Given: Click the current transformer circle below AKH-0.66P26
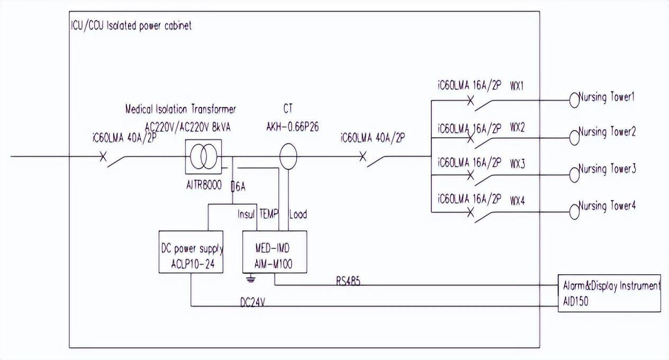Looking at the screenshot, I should pos(288,157).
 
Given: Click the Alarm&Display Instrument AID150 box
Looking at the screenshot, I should pos(610,292).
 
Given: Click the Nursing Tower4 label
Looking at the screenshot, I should pos(607,206).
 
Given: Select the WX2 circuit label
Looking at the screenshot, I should pos(517,129).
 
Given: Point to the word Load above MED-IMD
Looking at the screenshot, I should pos(298,215).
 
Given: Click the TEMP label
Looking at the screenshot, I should pos(269,215).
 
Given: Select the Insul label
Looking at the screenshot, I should pos(246,215).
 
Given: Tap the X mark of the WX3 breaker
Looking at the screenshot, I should pos(470,176).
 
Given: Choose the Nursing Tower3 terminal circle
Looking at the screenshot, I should pos(574,173).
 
